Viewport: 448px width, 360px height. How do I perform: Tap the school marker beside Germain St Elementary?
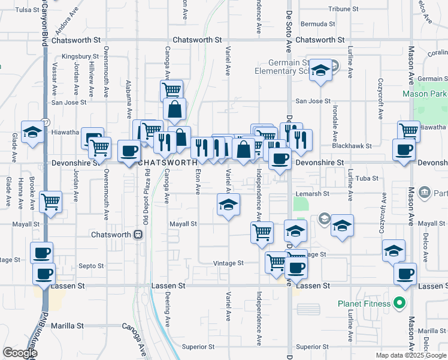pos(320,71)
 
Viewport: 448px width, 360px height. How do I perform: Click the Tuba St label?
pos(367,178)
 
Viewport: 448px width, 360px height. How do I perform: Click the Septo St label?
pos(92,266)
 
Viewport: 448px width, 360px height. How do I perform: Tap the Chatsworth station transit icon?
pos(138,234)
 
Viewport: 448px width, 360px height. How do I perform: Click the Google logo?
pos(19,353)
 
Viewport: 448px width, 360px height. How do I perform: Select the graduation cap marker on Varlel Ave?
pos(228,206)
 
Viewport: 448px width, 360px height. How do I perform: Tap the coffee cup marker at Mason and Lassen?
pos(405,274)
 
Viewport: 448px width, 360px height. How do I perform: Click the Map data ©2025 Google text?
pos(411,355)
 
